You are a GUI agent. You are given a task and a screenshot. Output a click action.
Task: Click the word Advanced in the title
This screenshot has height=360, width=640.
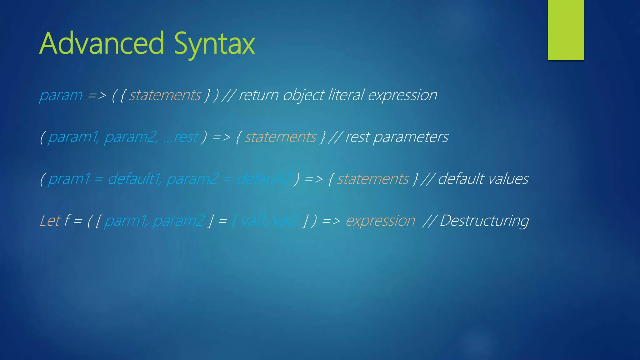point(102,44)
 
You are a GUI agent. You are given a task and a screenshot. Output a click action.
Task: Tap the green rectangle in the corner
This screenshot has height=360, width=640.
point(566,30)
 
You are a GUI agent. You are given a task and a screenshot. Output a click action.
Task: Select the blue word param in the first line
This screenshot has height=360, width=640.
point(61,95)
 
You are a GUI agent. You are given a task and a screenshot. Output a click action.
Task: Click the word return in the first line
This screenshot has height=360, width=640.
point(258,95)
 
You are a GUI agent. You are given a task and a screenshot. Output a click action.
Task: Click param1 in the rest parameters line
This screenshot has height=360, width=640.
point(73,137)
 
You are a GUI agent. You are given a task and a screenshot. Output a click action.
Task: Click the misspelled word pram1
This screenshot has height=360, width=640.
point(69,179)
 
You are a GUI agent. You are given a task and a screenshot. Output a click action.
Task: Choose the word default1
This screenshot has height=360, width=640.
point(134,179)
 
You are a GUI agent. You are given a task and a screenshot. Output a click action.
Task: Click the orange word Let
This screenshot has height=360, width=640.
point(50,221)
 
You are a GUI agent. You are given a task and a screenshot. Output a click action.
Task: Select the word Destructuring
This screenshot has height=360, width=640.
point(484,221)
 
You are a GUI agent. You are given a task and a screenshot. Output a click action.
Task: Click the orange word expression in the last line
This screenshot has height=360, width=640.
point(380,221)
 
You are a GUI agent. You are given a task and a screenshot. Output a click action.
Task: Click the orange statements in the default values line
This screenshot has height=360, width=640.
point(373,179)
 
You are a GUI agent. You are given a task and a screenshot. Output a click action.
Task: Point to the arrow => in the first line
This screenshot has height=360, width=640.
point(97,95)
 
